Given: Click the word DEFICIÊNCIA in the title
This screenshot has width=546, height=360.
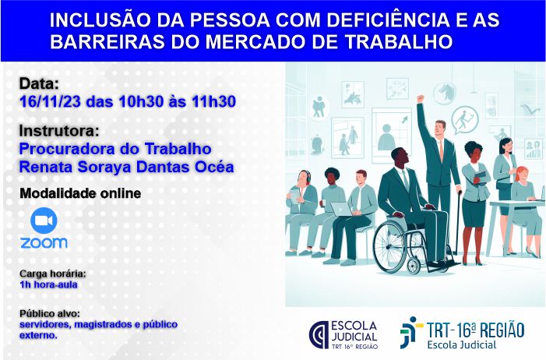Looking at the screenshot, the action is click(388, 20).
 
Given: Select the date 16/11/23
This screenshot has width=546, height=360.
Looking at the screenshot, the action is click(50, 101).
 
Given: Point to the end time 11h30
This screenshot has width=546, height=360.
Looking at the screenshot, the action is click(213, 101).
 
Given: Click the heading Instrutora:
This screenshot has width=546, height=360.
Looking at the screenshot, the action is click(59, 131).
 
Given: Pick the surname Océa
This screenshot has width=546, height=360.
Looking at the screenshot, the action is click(214, 167).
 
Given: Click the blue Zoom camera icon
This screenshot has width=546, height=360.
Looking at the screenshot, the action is click(44, 221).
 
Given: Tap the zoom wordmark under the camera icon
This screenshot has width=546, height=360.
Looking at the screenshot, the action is click(44, 242).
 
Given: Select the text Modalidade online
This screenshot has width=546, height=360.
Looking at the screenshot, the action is click(80, 193).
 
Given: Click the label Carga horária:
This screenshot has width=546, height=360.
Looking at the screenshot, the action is click(53, 274).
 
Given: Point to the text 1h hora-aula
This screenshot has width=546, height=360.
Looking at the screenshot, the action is click(48, 284).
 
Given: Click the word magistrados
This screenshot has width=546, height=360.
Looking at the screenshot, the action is click(103, 324).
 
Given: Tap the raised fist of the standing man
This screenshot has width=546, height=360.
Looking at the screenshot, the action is click(421, 98).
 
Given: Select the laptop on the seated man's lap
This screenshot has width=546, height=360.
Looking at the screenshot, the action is click(341, 210).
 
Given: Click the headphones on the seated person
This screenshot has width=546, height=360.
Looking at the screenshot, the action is click(306, 176).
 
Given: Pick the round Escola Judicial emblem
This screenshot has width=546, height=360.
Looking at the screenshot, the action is click(319, 335).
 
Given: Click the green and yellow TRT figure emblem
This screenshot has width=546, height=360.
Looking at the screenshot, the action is click(410, 332).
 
